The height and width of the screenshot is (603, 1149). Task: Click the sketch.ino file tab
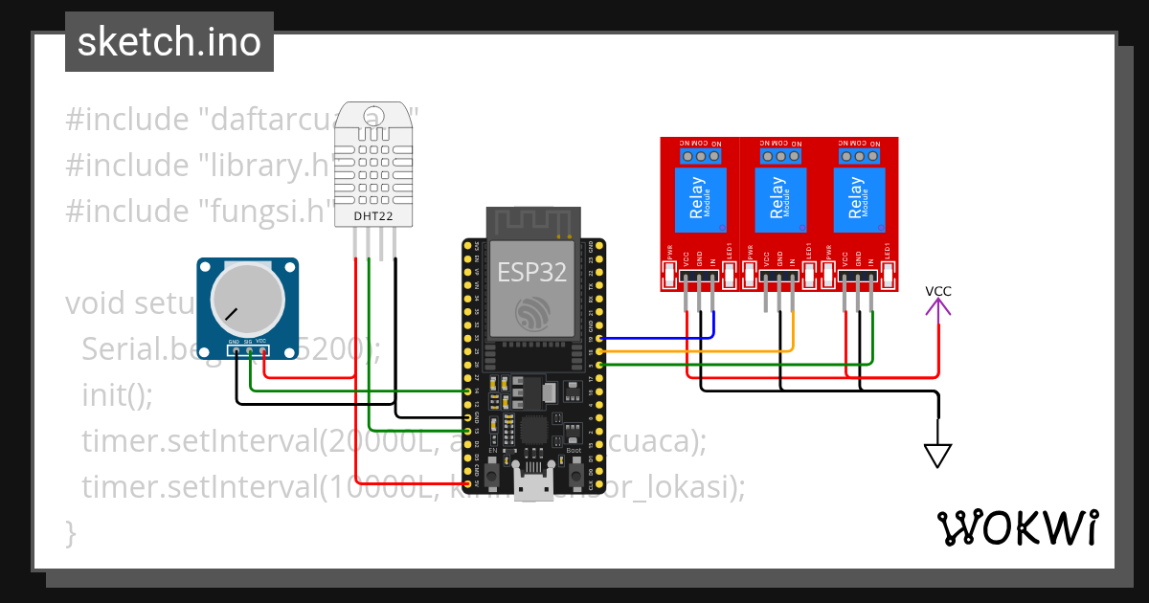[169, 42]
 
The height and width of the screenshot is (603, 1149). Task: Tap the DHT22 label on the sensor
[372, 216]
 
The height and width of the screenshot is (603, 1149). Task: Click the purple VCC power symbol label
[938, 292]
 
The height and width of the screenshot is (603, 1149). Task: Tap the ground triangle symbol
[938, 455]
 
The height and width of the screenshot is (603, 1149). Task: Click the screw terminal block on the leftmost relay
[700, 155]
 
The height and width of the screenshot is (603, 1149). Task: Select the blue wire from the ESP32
[661, 338]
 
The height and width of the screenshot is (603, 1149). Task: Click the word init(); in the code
[117, 393]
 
